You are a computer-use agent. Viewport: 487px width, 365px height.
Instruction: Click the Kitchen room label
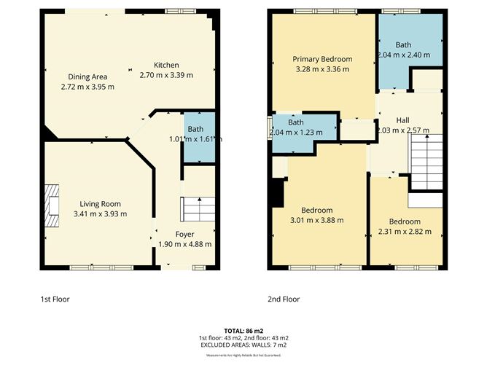coord(166,65)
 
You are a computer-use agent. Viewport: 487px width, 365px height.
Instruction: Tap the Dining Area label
coord(87,76)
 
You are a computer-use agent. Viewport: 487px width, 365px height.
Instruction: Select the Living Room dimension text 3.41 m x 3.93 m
coord(101,213)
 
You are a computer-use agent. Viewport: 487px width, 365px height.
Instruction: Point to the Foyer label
coord(184,235)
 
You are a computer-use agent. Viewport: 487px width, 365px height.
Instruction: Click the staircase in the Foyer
coord(198,209)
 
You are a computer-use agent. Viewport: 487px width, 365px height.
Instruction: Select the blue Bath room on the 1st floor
coord(198,137)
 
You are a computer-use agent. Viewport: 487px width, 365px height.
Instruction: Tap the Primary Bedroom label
coord(322,59)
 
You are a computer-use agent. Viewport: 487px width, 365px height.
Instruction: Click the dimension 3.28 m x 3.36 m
coord(322,69)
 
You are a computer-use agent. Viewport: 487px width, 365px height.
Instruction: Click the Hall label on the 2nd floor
coord(402,120)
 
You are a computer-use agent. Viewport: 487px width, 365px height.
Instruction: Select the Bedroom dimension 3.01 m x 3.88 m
coord(316,220)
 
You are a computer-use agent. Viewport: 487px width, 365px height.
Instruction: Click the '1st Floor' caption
coord(55,299)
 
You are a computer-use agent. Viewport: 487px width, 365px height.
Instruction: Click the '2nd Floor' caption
coord(284,299)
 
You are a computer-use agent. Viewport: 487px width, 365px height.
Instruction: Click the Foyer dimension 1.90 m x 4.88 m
coord(184,245)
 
